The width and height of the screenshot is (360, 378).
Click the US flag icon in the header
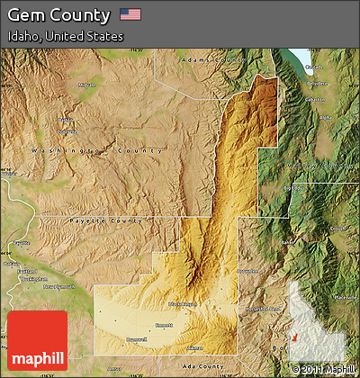point(130,15)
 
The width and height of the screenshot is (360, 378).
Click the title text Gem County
point(58,15)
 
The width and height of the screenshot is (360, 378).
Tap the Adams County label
point(212,59)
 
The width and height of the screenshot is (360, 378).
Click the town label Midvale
point(86,85)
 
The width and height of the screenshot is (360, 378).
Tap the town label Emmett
point(164,326)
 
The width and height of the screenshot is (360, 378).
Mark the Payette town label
point(20,244)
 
